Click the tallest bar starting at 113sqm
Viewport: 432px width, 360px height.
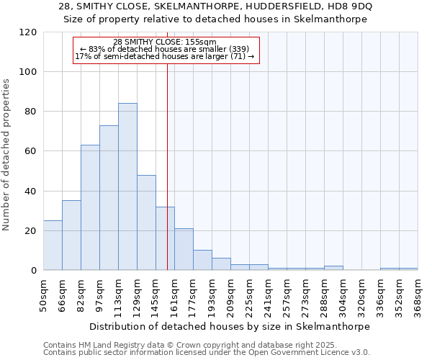point(127,186)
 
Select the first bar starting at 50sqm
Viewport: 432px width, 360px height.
point(53,246)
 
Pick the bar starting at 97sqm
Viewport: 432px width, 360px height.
point(109,198)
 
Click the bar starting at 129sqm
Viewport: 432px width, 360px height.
point(146,222)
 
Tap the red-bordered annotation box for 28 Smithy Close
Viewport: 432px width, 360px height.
point(166,50)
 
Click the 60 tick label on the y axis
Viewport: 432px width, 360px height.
point(31,151)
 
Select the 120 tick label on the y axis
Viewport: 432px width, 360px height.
point(29,32)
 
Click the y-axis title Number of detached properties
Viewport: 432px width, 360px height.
point(6,156)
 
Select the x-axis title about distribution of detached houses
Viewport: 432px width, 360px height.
point(230,326)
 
